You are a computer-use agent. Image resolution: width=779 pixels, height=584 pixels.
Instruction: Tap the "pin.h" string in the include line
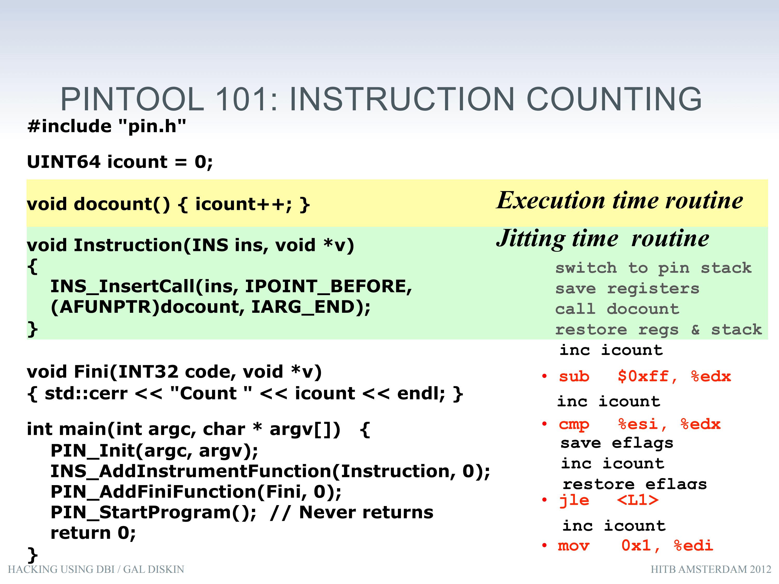tap(152, 126)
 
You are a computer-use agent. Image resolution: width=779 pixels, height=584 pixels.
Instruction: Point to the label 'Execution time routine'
tap(620, 201)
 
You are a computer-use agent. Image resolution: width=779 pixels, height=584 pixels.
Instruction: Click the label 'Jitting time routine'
tap(603, 239)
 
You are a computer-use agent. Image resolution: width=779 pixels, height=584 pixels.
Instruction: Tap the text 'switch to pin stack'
tap(653, 268)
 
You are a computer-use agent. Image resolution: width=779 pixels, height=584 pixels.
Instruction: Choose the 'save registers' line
tap(627, 289)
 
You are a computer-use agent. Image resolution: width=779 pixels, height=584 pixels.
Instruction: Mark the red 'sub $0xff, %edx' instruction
tap(645, 377)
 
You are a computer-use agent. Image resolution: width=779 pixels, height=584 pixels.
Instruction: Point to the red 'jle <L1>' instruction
tap(609, 500)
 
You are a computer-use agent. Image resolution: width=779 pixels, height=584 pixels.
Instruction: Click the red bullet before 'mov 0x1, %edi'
tap(545, 546)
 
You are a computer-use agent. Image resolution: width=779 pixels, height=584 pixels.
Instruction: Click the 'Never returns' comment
tap(366, 512)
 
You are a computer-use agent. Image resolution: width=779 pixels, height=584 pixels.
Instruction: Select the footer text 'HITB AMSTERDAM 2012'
tap(711, 569)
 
